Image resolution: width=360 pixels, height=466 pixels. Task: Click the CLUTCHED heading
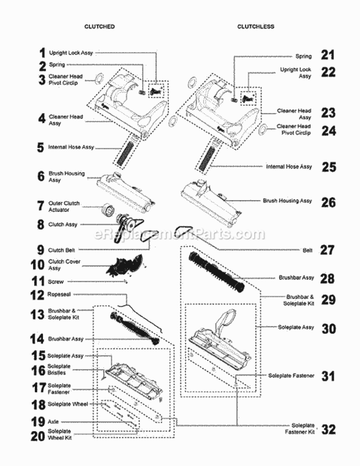click(x=99, y=27)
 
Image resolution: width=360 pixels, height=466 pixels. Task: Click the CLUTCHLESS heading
click(x=256, y=27)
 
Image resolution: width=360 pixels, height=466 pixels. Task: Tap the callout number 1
click(x=42, y=53)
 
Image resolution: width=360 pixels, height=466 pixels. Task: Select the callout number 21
click(x=328, y=55)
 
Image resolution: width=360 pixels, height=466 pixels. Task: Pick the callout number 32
click(x=328, y=429)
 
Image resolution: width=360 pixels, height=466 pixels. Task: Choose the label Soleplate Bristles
click(x=59, y=370)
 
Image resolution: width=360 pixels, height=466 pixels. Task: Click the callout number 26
click(x=328, y=202)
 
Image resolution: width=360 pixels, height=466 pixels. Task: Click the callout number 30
click(x=328, y=327)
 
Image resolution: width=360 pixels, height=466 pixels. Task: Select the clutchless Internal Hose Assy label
click(x=289, y=167)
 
